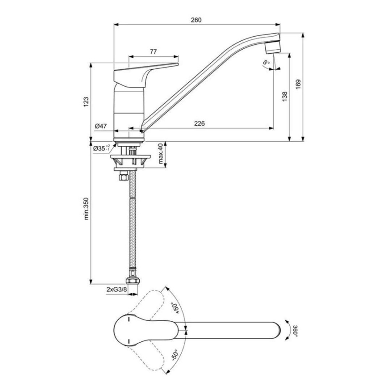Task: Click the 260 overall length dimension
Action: coord(196,20)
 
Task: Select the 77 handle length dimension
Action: coord(153,52)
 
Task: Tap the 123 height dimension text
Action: coord(86,102)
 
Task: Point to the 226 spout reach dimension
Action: coord(199,123)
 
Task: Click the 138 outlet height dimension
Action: coord(285,97)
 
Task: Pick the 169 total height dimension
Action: coord(298,85)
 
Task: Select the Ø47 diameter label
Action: coord(101,126)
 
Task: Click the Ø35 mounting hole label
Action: coord(102,149)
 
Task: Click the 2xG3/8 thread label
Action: coord(117,289)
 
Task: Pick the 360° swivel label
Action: coord(296,331)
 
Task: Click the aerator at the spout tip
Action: coord(273,48)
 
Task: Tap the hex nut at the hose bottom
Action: coord(132,281)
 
